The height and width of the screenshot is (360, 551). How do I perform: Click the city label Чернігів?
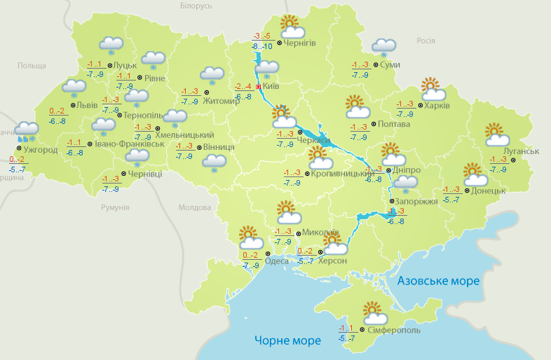tap(301, 43)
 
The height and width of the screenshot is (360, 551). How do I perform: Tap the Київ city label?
tap(271, 87)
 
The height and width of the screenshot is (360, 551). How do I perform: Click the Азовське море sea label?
tap(438, 281)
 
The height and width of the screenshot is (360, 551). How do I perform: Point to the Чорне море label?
tap(287, 340)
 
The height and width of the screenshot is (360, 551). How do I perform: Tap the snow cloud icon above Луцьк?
tap(111, 45)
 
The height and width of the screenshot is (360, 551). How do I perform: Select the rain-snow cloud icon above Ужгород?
tap(27, 130)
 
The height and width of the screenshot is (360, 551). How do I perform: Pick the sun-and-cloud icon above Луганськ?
tap(496, 134)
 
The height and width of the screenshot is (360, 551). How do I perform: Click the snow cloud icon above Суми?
tap(383, 46)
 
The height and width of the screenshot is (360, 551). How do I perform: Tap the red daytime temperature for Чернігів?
tap(261, 36)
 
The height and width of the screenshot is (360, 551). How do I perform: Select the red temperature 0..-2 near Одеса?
tap(250, 255)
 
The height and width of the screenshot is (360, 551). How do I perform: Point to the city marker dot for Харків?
tap(419, 106)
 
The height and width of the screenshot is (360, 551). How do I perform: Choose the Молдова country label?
tap(194, 208)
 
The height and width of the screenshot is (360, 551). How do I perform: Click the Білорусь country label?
tap(196, 6)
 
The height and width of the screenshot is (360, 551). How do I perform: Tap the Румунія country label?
tap(115, 208)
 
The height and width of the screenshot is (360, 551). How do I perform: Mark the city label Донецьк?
tap(488, 191)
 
